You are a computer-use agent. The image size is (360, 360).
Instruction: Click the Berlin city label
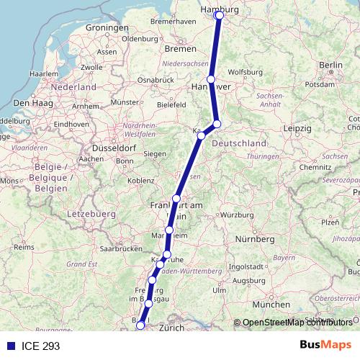coord(330,65)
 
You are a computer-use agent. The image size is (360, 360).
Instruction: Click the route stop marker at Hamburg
coord(219,15)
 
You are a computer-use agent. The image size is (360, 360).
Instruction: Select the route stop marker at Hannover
coord(211,79)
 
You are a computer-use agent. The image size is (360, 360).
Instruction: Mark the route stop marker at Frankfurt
coord(176,199)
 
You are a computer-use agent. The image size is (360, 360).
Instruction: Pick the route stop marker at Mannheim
coord(169,230)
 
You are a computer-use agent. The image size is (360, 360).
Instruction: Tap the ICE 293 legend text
coord(41,346)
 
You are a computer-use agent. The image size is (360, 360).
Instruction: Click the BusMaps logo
coord(325,346)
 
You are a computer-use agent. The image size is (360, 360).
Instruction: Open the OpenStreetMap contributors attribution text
coord(297,323)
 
